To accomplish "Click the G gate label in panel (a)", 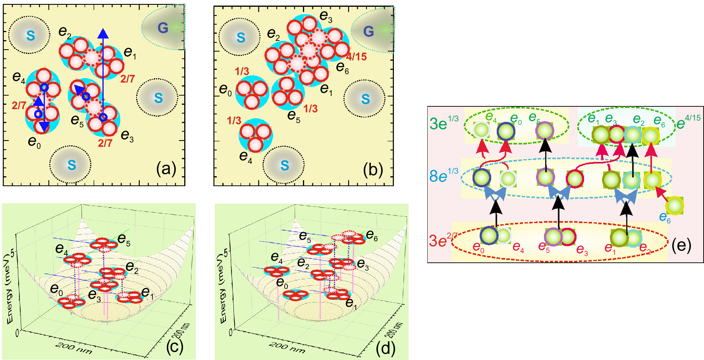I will click(163, 27).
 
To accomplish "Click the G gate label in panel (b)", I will click(368, 31).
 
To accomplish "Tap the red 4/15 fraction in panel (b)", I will click(356, 57).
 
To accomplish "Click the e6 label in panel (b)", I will click(342, 68).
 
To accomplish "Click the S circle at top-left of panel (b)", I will click(241, 38).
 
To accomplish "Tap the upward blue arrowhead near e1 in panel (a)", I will click(103, 34).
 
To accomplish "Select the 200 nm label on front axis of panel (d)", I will click(287, 347).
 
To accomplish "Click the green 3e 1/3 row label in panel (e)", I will click(444, 123).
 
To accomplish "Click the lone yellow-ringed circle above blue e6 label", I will click(675, 206).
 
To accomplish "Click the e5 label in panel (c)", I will click(123, 239).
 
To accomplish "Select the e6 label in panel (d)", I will click(372, 235).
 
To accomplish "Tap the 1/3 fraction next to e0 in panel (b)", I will click(242, 71).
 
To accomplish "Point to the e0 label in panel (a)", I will click(34, 142).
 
